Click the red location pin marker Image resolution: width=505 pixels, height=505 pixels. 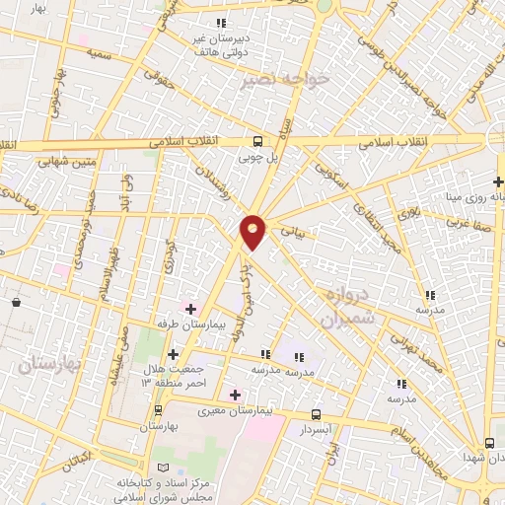click(253, 230)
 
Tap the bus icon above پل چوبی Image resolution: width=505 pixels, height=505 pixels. click(257, 141)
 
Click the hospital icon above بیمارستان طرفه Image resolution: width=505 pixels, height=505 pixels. click(191, 309)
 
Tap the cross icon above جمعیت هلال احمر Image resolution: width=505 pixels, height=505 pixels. click(173, 353)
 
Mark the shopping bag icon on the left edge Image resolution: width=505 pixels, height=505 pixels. click(17, 303)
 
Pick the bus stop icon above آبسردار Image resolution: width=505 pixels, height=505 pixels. click(316, 415)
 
